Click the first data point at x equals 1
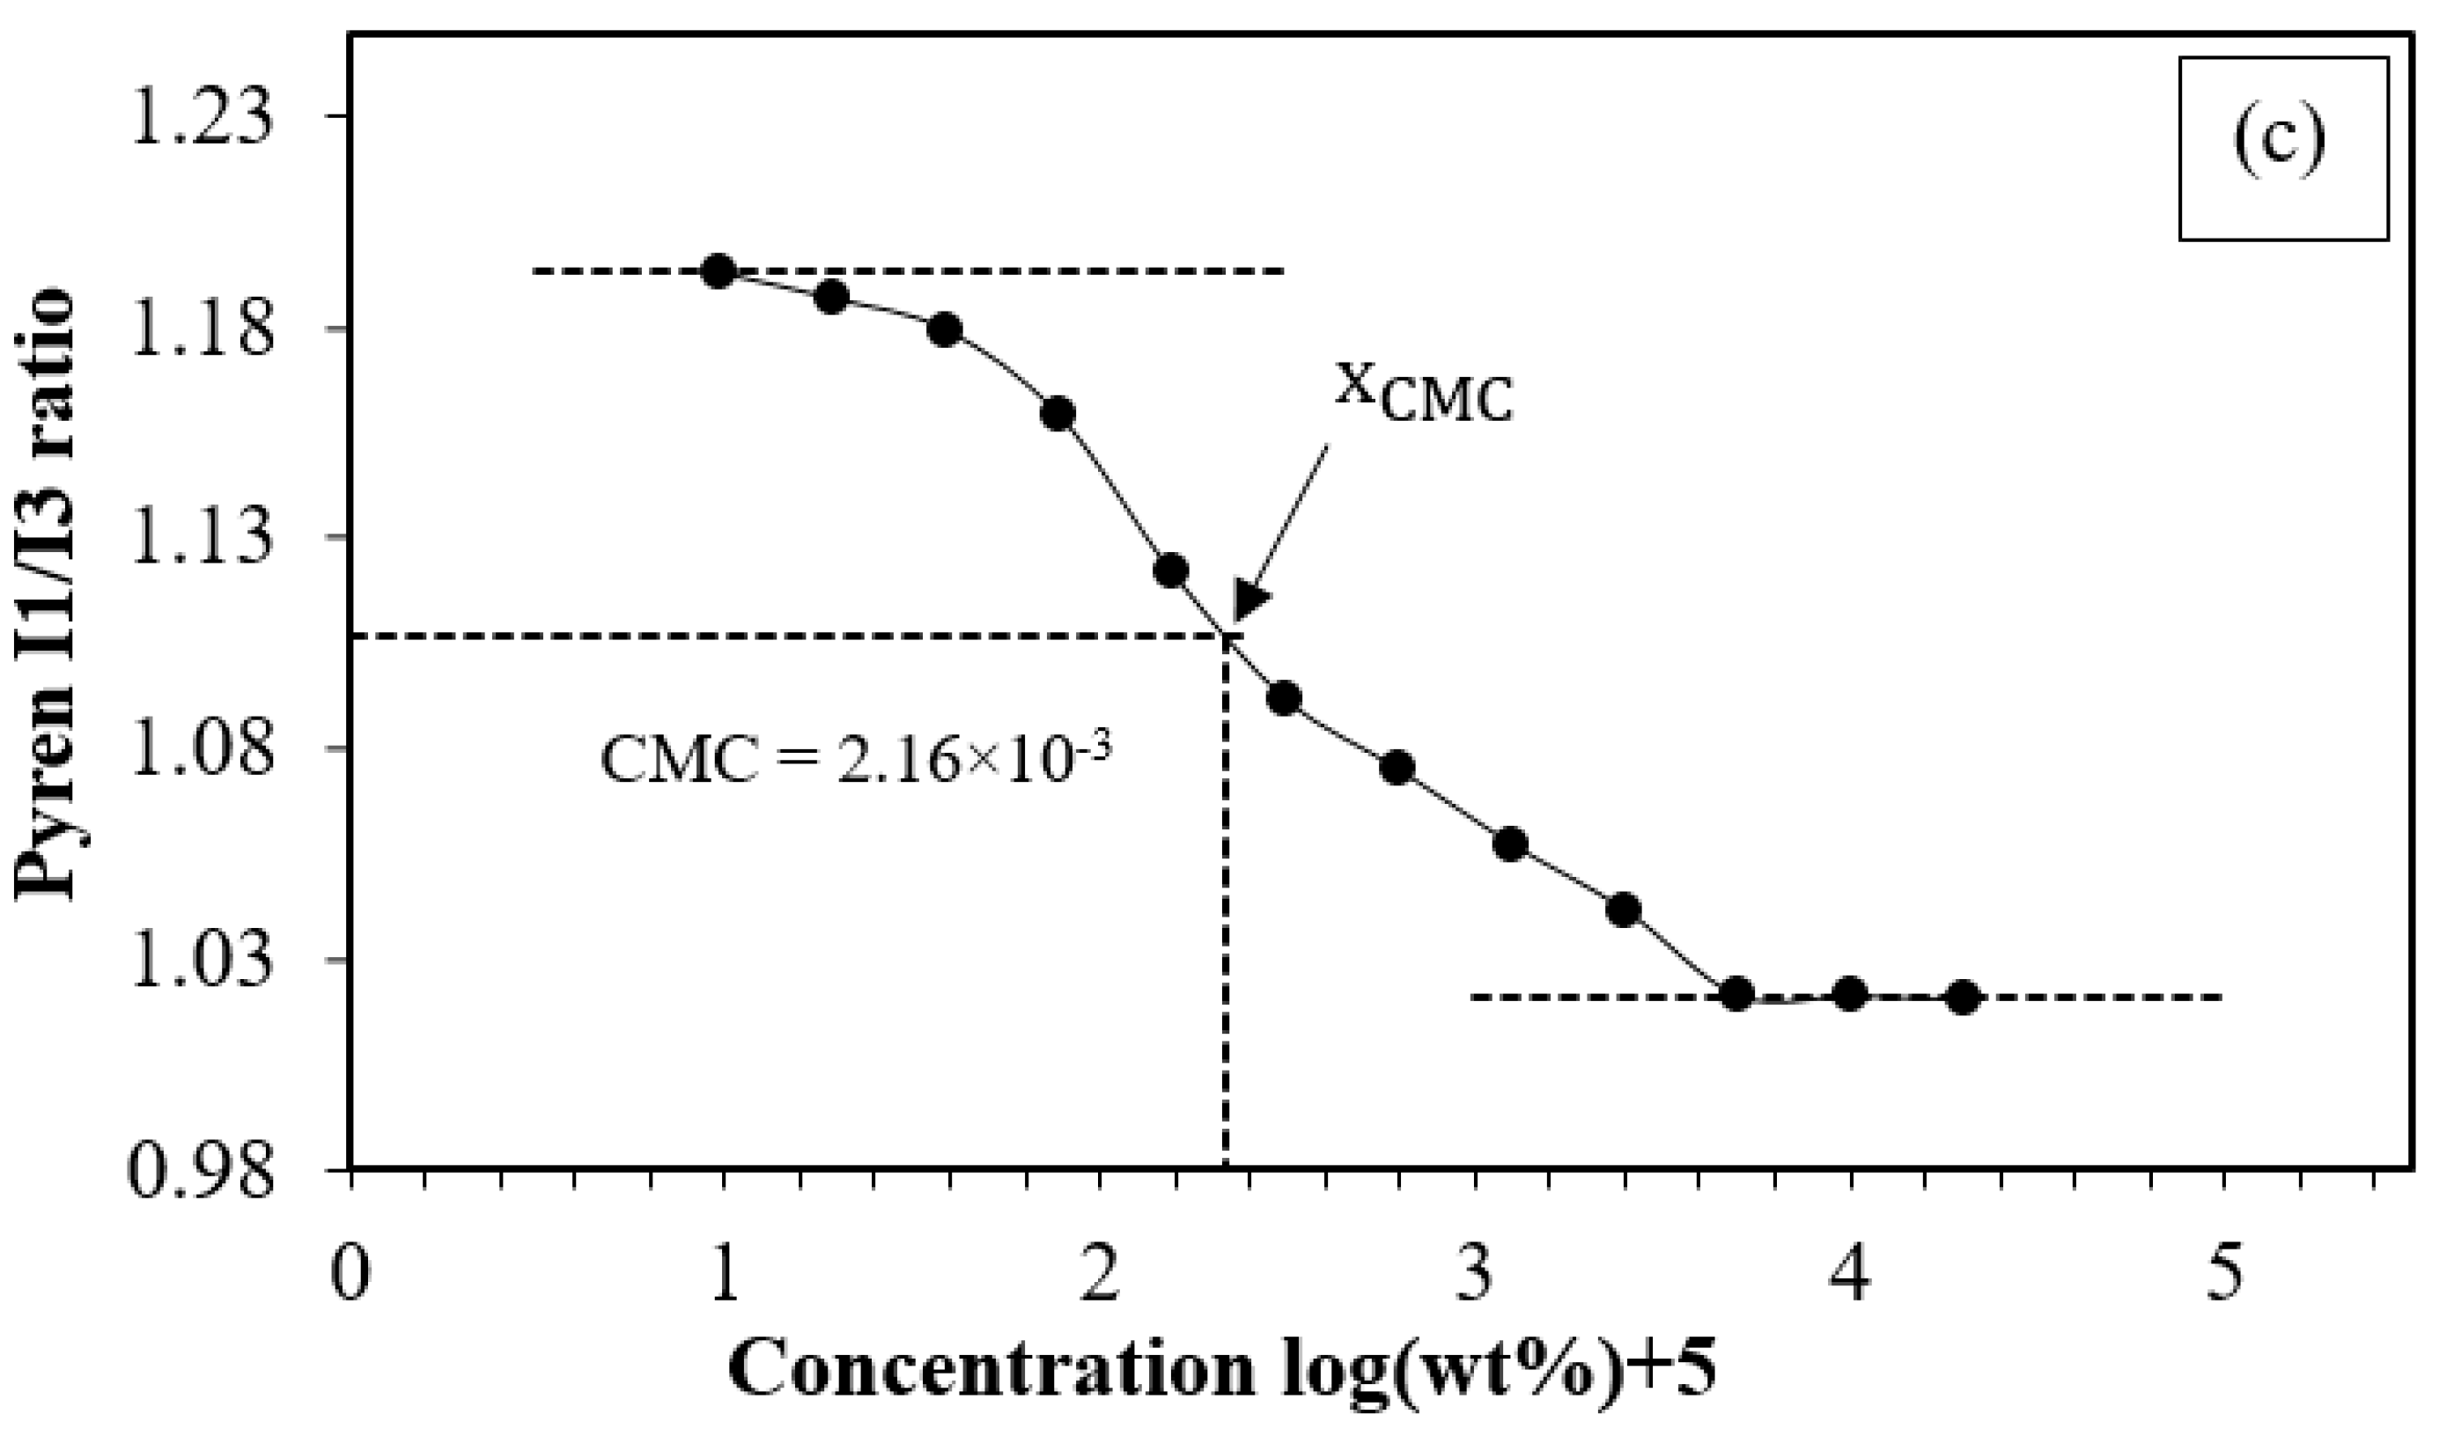719,271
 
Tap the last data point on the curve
1963,997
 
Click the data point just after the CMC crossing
1284,698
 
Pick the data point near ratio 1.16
1058,415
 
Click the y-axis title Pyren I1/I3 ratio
46,593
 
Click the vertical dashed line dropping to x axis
1226,922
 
